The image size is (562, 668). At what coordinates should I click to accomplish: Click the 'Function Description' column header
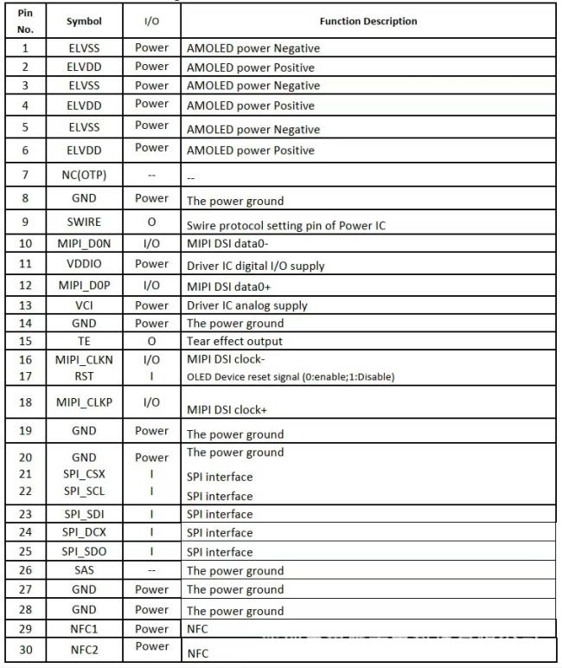(x=368, y=22)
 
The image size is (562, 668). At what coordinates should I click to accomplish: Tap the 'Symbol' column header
(x=84, y=22)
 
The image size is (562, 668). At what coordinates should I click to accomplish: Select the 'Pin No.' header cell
(x=25, y=22)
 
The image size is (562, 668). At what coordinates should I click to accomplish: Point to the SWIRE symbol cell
(x=84, y=222)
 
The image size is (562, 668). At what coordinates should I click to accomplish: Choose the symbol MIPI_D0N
(x=84, y=244)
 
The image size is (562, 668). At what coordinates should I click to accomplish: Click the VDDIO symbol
(x=84, y=264)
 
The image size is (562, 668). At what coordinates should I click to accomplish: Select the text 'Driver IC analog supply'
(x=246, y=305)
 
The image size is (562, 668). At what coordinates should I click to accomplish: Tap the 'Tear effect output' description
(x=234, y=341)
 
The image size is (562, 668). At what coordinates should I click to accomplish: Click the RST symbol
(x=84, y=376)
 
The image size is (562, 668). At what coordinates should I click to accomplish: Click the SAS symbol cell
(x=84, y=569)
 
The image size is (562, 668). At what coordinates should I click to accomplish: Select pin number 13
(x=25, y=305)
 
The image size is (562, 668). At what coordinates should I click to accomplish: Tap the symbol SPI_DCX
(x=84, y=532)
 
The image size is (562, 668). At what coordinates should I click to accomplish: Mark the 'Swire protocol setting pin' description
(x=285, y=226)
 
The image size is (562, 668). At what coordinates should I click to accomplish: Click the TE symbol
(x=84, y=341)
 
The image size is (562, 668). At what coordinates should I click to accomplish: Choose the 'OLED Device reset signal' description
(x=291, y=377)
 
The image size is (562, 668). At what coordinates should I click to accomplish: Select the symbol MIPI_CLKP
(x=84, y=402)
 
